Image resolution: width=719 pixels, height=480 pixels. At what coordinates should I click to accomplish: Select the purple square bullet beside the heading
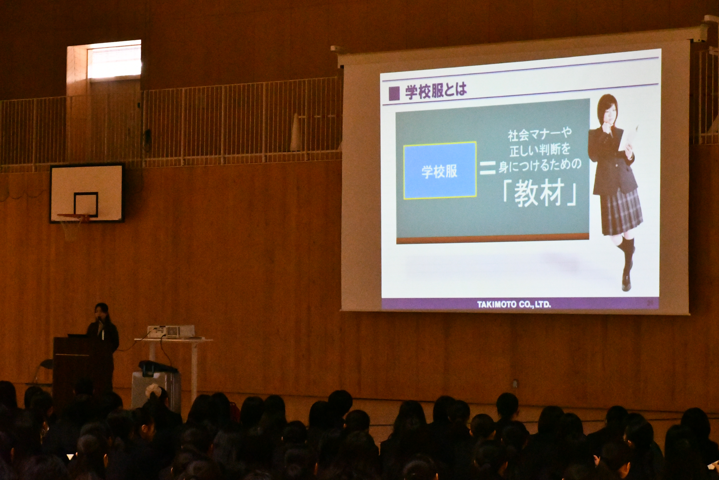pos(394,94)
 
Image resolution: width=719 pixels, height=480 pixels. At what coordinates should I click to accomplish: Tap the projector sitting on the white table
pos(171,331)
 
